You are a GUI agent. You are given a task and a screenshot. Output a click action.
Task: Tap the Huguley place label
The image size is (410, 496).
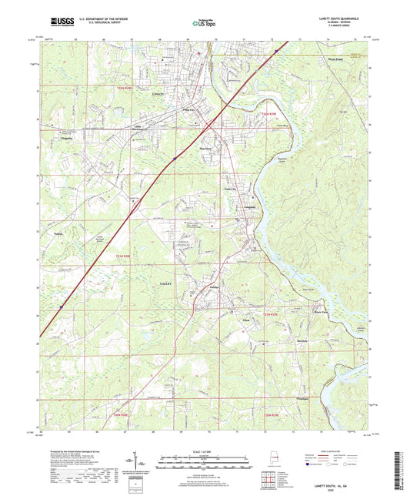(66, 139)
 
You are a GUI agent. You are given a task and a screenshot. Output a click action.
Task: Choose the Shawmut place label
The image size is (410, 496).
(204, 149)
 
